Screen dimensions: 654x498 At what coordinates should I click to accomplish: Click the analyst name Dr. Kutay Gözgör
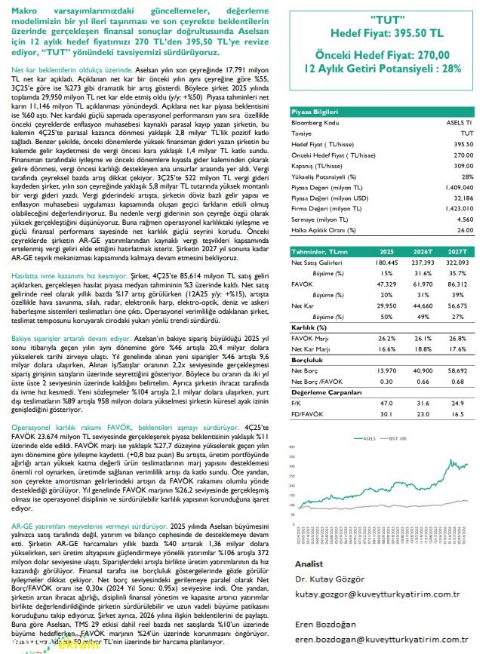328,579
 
